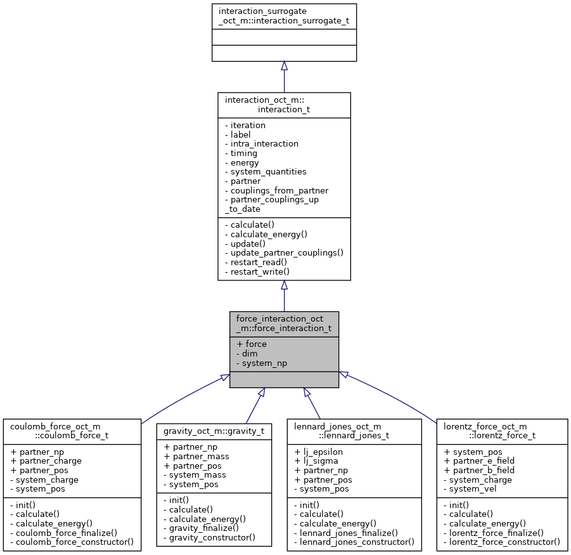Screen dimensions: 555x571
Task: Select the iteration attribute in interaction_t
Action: (248, 126)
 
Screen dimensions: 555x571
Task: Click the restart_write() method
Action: (259, 271)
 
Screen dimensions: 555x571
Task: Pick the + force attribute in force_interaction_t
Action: (252, 344)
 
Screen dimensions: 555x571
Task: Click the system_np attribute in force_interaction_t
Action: (261, 363)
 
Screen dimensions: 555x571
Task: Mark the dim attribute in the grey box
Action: (246, 354)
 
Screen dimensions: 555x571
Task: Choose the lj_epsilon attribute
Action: (316, 452)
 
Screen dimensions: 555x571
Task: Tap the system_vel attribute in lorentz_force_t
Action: (473, 489)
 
